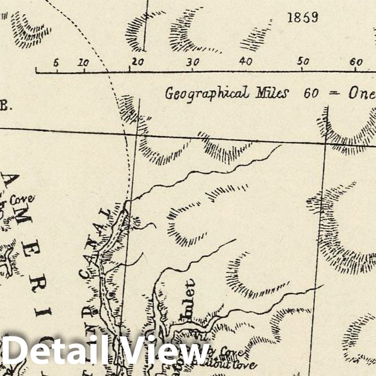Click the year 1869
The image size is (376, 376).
(302, 18)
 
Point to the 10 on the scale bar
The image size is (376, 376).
(83, 62)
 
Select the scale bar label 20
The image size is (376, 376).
(137, 62)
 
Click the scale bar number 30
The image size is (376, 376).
(193, 62)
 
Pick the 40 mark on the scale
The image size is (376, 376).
(245, 62)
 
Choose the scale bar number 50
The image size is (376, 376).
(303, 62)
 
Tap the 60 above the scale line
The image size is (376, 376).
(356, 62)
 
